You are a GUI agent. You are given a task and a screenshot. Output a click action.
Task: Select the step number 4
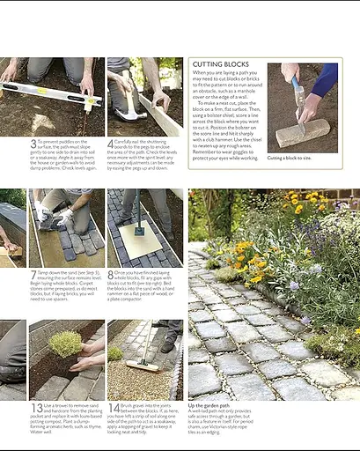(111, 144)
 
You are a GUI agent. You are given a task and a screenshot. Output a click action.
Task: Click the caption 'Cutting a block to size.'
(289, 158)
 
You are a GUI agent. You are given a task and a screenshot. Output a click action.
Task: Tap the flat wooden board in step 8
(139, 240)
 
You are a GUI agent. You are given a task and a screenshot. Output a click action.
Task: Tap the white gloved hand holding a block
(64, 217)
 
